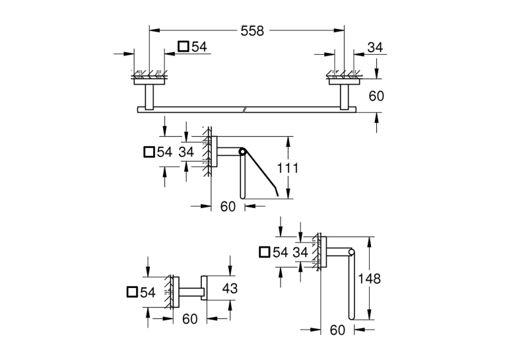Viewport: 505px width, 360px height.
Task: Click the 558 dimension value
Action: [252, 31]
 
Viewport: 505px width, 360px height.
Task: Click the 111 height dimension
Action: [288, 168]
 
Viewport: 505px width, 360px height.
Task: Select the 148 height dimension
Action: [370, 279]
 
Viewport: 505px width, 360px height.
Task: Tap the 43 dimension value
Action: [230, 289]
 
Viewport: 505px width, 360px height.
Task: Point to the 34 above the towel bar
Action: [375, 48]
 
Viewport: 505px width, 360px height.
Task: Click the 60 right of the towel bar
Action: [376, 96]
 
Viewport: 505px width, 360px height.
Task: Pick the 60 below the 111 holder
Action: [228, 207]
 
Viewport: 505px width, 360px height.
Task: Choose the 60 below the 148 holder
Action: [337, 330]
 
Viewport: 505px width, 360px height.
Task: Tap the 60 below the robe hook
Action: [189, 319]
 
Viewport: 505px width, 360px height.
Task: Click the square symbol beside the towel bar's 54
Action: [184, 46]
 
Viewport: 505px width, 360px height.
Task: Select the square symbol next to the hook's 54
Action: [133, 292]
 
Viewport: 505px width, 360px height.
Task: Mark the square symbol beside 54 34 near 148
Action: [265, 252]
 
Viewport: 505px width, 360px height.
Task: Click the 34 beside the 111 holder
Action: [186, 152]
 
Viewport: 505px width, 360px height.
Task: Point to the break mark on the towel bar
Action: [245, 109]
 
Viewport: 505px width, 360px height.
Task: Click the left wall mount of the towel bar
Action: [149, 94]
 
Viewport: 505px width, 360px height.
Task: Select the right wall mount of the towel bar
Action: [344, 94]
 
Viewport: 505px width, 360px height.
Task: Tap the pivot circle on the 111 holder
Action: [241, 151]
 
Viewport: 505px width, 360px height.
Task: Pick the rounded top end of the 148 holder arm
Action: [351, 252]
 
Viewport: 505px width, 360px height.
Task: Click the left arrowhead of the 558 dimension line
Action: [154, 30]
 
